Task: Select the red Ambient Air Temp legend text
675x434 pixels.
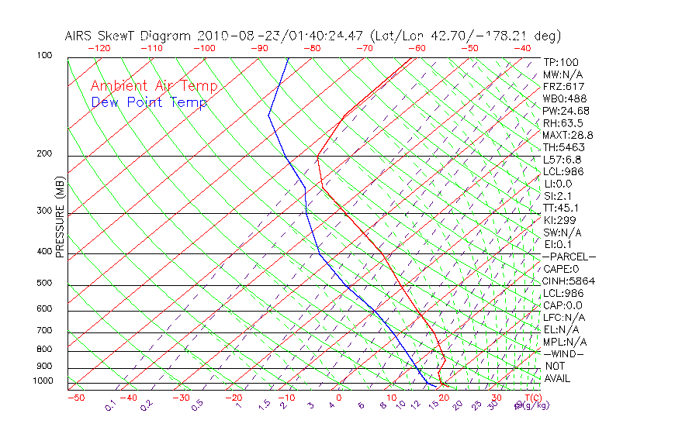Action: click(x=154, y=86)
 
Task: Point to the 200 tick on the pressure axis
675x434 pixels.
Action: click(x=44, y=153)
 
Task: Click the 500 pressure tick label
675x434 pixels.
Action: click(x=44, y=283)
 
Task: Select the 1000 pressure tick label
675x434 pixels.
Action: click(x=42, y=381)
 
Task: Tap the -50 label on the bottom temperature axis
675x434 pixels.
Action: click(x=75, y=398)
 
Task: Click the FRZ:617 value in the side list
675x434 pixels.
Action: click(x=563, y=86)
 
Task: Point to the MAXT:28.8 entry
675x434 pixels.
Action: click(x=568, y=135)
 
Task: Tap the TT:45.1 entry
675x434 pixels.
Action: click(x=561, y=208)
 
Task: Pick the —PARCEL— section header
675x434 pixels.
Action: click(x=569, y=257)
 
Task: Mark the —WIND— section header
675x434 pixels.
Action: click(x=563, y=353)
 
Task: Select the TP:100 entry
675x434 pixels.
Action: click(x=560, y=62)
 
